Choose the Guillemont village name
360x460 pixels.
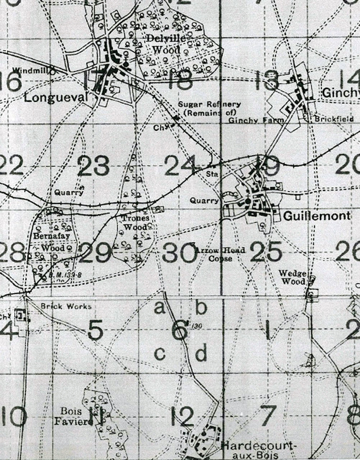pyautogui.click(x=317, y=216)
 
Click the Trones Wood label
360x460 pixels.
pyautogui.click(x=135, y=222)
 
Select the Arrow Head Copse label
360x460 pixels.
pyautogui.click(x=220, y=254)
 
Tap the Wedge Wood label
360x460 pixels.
pyautogui.click(x=292, y=277)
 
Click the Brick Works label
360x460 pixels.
pyautogui.click(x=67, y=306)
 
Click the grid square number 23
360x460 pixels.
pyautogui.click(x=94, y=166)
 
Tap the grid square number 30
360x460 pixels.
pyautogui.click(x=178, y=253)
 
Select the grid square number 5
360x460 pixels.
pyautogui.click(x=95, y=331)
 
